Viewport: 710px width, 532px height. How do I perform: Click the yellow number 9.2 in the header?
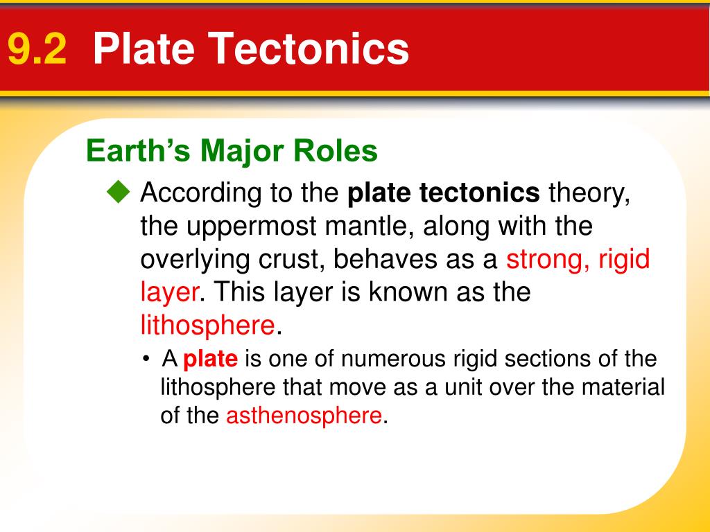tap(37, 49)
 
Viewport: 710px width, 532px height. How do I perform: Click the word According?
tap(200, 194)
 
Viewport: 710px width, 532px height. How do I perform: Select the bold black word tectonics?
tap(480, 193)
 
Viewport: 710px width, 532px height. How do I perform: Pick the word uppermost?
tap(251, 227)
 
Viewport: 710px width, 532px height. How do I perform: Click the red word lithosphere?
tap(208, 325)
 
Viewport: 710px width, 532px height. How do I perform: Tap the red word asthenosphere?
tap(304, 416)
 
